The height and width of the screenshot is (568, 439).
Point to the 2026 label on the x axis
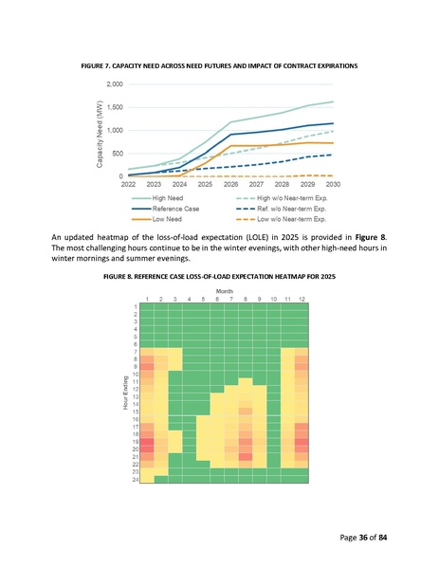point(229,184)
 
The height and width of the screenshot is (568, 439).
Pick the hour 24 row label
point(137,479)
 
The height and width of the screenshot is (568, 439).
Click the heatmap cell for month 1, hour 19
point(147,442)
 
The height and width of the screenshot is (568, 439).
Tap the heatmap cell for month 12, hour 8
point(302,359)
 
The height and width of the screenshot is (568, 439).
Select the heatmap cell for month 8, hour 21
point(246,457)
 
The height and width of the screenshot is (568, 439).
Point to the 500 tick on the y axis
point(115,153)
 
